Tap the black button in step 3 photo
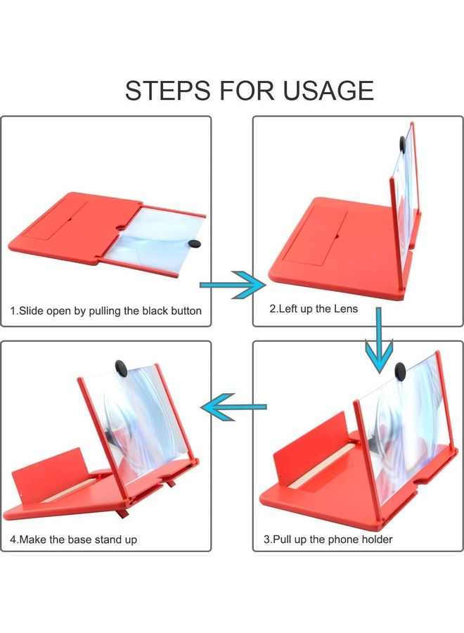(x=401, y=369)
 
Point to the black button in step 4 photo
(x=121, y=367)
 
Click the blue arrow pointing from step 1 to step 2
(x=232, y=285)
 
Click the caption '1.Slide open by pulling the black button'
(x=106, y=310)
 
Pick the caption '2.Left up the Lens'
(x=314, y=309)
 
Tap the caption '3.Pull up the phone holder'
(x=328, y=539)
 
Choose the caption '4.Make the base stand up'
(x=74, y=539)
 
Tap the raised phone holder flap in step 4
(x=49, y=478)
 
